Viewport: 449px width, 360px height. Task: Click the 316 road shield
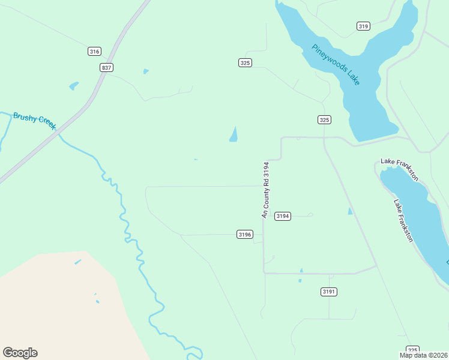[94, 52]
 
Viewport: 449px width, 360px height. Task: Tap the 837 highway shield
[106, 68]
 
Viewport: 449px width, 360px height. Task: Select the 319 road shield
[363, 26]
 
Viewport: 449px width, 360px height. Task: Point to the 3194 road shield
[283, 216]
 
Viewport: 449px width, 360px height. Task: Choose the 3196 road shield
[244, 235]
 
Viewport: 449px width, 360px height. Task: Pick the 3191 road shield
[328, 292]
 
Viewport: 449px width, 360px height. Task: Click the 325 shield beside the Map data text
[412, 350]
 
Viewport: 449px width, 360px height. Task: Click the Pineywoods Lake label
[336, 64]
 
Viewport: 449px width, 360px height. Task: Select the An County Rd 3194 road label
[265, 189]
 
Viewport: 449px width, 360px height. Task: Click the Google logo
[20, 353]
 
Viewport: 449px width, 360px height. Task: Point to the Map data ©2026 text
[424, 355]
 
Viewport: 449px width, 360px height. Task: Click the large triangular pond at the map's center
[234, 136]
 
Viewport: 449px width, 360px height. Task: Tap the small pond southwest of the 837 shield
[74, 86]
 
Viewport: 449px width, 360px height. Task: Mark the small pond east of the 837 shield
[146, 71]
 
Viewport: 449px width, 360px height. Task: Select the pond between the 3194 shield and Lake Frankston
[350, 211]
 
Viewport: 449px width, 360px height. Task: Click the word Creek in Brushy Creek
[46, 122]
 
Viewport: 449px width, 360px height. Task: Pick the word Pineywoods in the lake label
[328, 57]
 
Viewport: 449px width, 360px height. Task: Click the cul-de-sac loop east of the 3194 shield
[310, 215]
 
